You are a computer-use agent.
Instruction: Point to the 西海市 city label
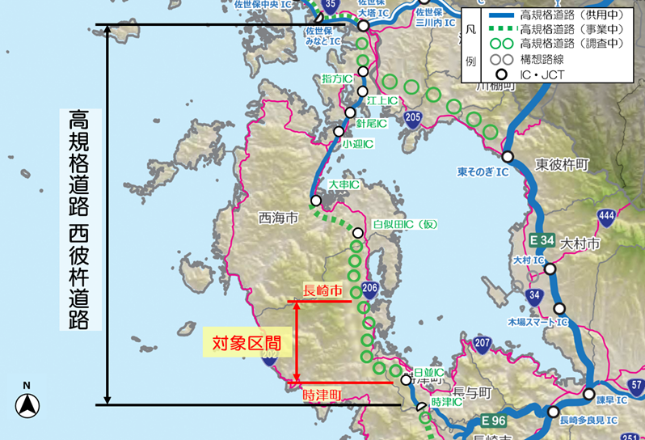278,218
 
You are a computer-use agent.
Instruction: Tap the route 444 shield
607,216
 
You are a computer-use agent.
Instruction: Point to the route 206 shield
370,288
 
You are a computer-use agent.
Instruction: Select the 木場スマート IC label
538,322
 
